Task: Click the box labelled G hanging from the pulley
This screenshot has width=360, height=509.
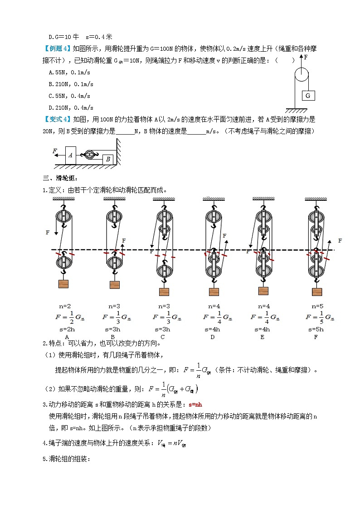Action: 308,96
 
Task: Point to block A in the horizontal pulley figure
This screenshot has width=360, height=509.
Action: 70,155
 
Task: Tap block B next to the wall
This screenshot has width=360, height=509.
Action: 107,159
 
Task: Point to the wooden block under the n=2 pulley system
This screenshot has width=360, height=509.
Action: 63,284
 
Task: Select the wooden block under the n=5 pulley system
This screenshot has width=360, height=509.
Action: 316,291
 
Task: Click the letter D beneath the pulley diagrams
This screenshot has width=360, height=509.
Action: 212,337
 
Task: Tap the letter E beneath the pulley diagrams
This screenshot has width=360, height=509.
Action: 263,337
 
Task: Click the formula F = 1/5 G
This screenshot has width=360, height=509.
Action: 319,317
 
